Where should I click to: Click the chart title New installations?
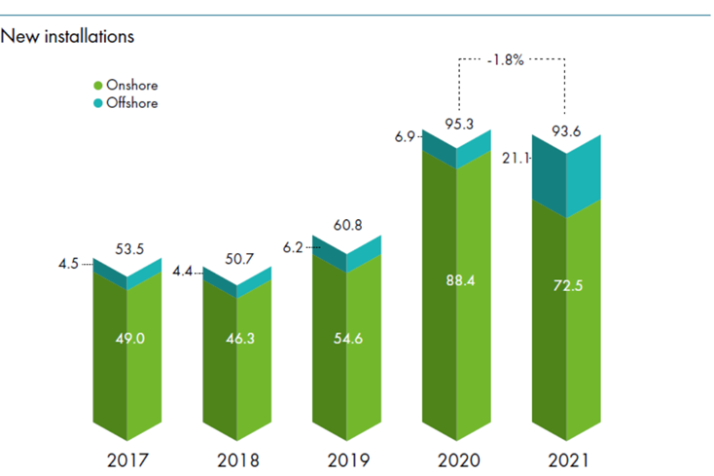(67, 37)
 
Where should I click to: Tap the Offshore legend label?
(132, 102)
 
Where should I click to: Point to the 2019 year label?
(346, 458)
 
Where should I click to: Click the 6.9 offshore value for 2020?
(406, 139)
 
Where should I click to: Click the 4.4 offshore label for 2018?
(185, 274)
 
